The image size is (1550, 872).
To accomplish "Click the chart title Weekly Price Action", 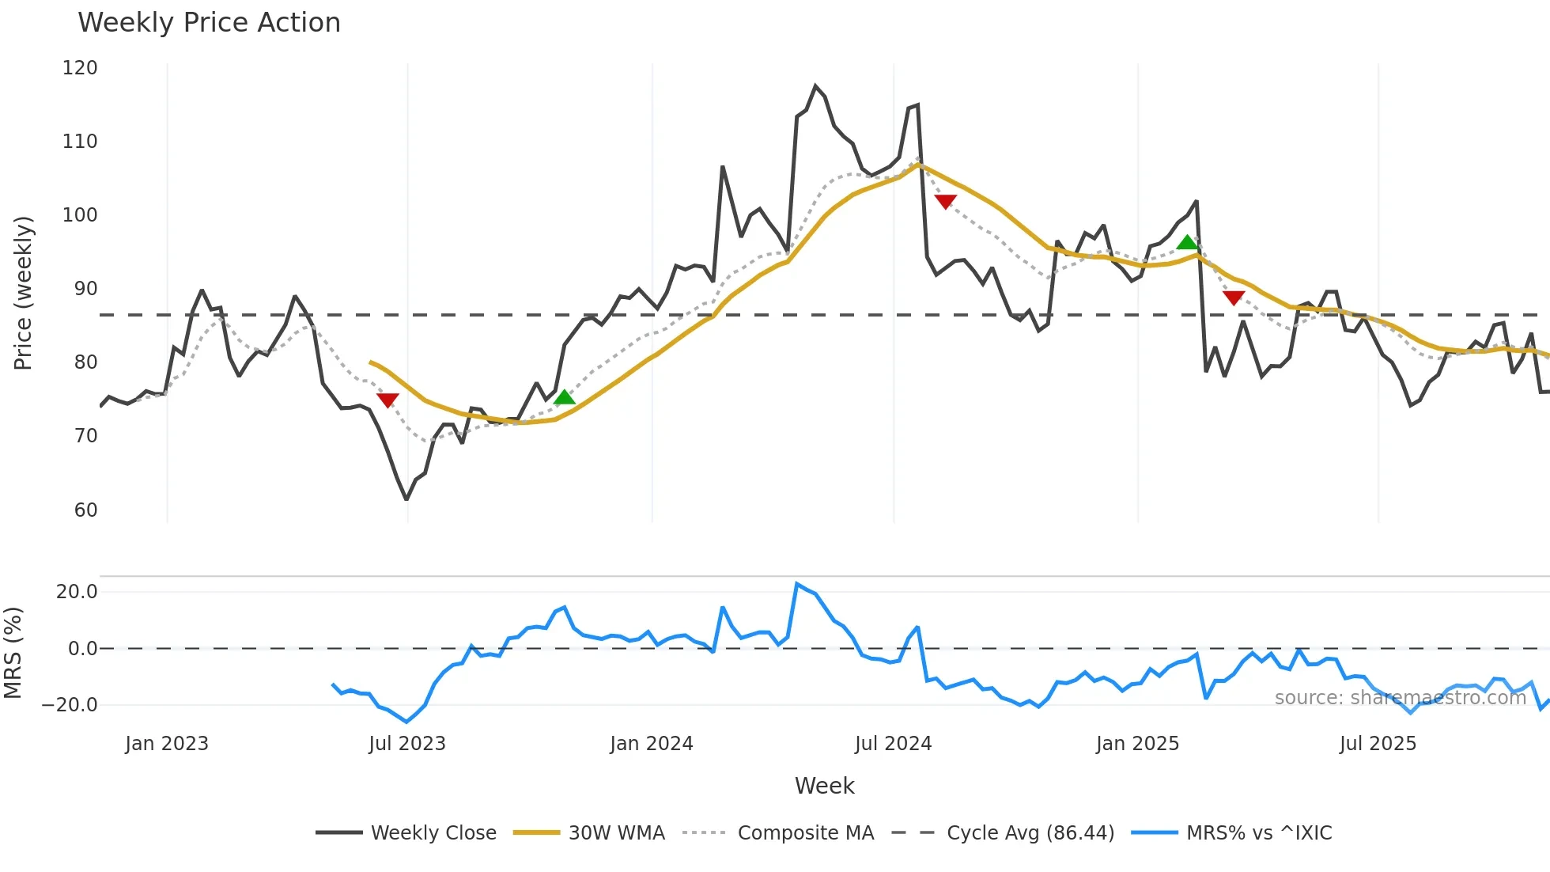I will (x=209, y=23).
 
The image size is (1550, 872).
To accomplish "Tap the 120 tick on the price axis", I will (x=80, y=68).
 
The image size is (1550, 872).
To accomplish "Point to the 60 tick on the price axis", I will (x=85, y=510).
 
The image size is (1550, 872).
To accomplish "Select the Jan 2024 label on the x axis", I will (x=651, y=744).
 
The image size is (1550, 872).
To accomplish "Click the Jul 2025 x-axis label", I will (x=1377, y=744).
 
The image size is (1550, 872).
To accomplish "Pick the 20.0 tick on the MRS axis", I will (x=77, y=592).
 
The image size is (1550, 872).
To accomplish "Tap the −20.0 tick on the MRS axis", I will (x=70, y=704).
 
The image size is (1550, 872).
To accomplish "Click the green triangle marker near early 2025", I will (x=1187, y=243).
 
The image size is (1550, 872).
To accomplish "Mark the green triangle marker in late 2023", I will (x=564, y=397).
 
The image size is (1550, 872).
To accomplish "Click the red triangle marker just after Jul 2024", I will (x=945, y=202).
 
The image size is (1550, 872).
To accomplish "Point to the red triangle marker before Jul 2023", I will (x=387, y=400).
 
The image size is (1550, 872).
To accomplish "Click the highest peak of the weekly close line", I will (x=815, y=85).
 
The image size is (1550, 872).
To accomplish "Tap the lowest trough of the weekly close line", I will (x=406, y=499).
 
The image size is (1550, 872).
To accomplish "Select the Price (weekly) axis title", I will (x=24, y=293).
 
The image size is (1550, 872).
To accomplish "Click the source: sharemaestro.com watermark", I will (x=1400, y=698).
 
